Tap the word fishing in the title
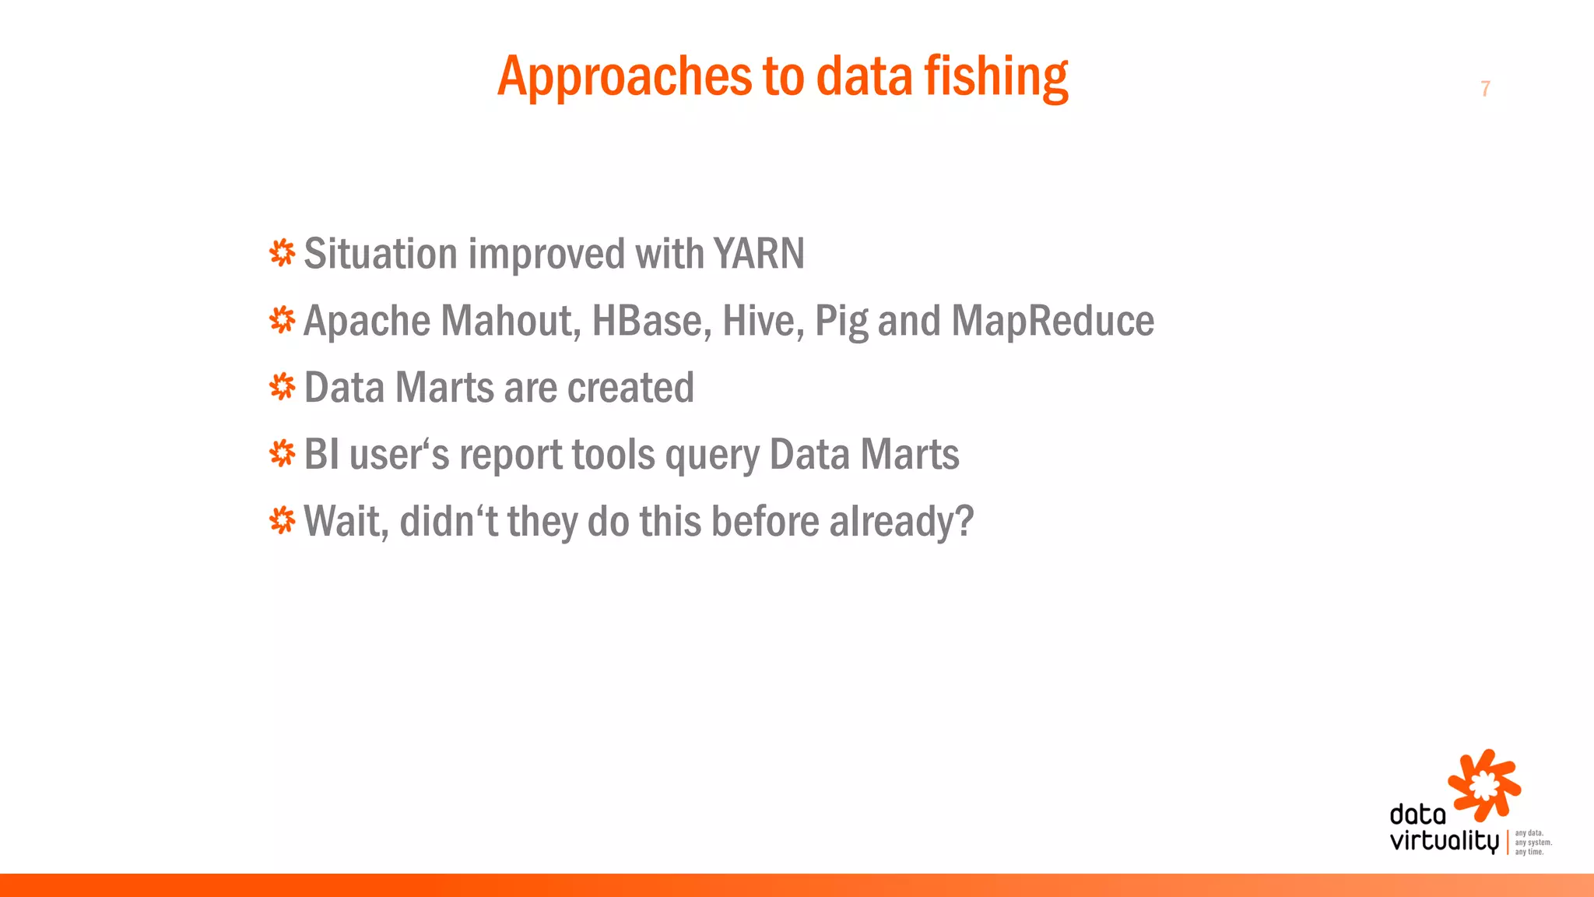[995, 77]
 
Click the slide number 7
[1485, 89]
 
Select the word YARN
[759, 254]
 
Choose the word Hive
[763, 321]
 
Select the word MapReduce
[1052, 321]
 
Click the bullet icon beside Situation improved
[282, 253]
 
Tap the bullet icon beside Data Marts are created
[282, 387]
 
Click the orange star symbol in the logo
[1483, 785]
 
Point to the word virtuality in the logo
[1444, 841]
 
